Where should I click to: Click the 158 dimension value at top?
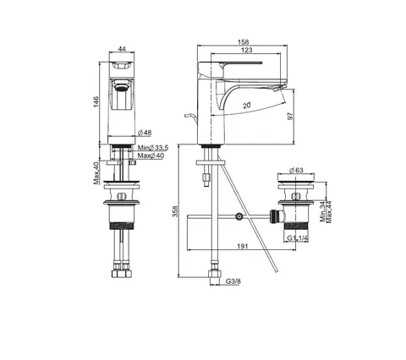(x=243, y=42)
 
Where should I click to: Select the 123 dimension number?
(x=246, y=50)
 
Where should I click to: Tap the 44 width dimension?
(x=122, y=49)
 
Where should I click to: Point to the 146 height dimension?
(x=96, y=101)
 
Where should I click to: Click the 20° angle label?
(x=247, y=106)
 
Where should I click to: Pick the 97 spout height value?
(x=290, y=116)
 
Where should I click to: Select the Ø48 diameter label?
(x=145, y=133)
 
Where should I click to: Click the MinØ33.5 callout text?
(x=153, y=148)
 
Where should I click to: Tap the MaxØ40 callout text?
(x=151, y=155)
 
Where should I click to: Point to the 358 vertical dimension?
(x=175, y=211)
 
